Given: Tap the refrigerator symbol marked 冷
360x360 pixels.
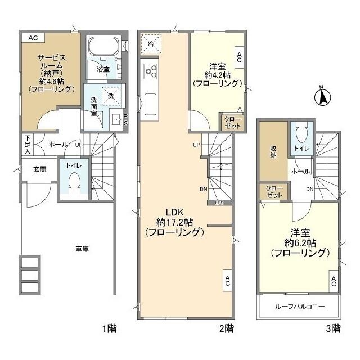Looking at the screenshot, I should pyautogui.click(x=151, y=43).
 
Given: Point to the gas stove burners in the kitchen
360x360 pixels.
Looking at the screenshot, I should pyautogui.click(x=151, y=71).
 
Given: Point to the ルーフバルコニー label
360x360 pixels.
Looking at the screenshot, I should pyautogui.click(x=300, y=307).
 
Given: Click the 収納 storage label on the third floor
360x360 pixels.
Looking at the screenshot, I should pyautogui.click(x=273, y=152).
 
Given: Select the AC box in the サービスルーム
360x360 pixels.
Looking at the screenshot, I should pyautogui.click(x=33, y=38).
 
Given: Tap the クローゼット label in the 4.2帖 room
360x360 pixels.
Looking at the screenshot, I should pyautogui.click(x=231, y=122).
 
